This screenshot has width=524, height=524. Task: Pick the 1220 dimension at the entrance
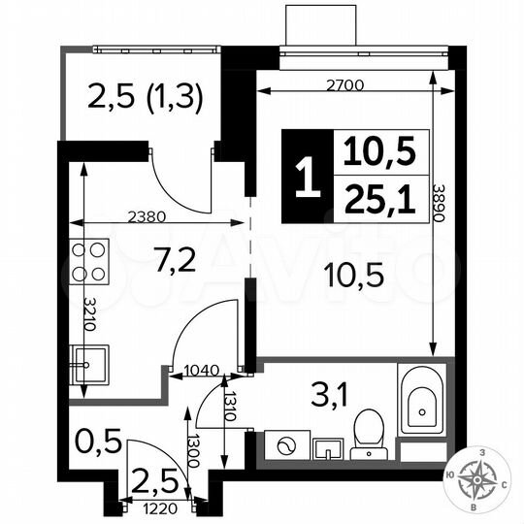click(x=161, y=506)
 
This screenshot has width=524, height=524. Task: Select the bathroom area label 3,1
click(x=325, y=396)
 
